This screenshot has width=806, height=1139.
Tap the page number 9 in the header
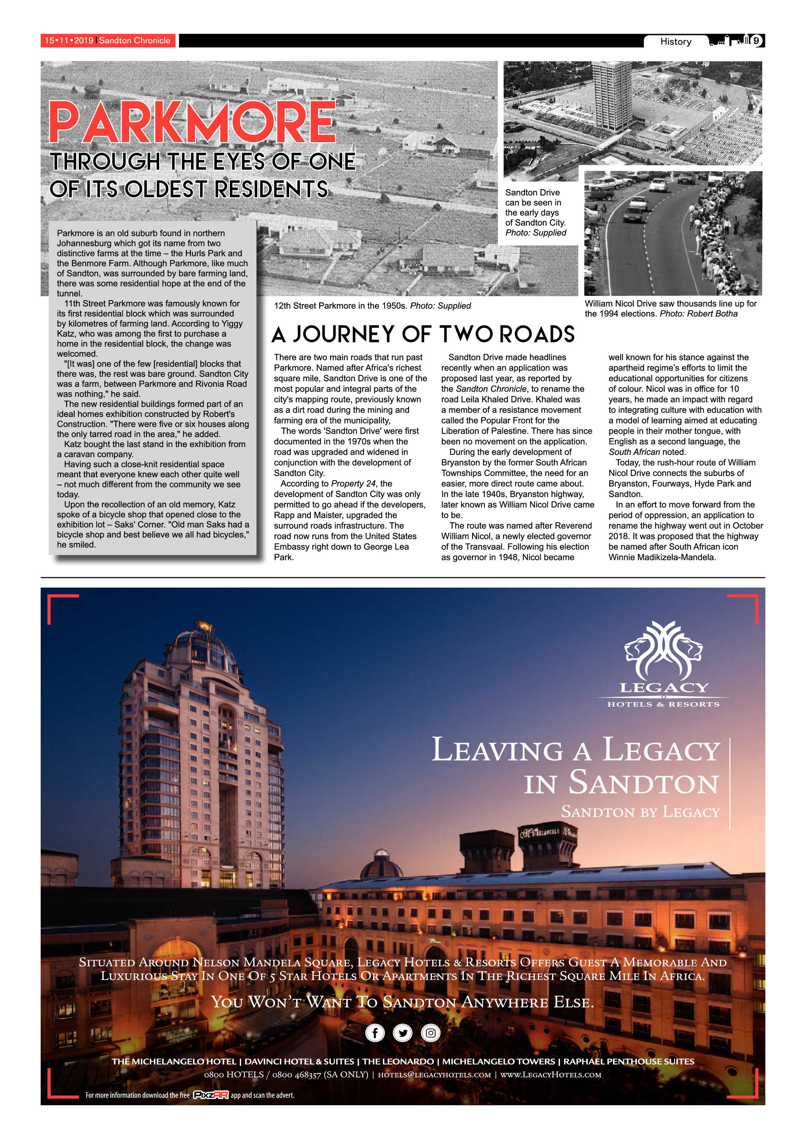click(756, 41)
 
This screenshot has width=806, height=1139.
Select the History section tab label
click(675, 42)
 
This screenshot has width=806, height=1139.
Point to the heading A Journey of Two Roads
click(423, 335)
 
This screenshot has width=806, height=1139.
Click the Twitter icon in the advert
click(402, 1033)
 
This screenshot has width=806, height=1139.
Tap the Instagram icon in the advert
click(430, 1033)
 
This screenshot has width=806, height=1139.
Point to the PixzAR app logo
click(211, 1095)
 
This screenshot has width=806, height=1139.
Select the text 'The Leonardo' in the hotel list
click(398, 1062)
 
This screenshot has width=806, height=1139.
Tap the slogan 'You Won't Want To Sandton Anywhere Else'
click(402, 1002)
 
